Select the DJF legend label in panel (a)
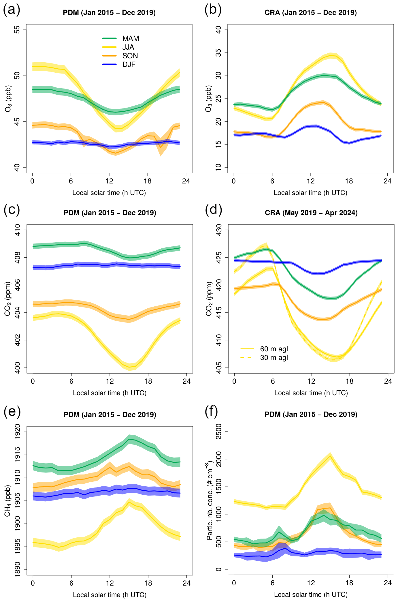click(129, 65)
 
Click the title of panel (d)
click(311, 213)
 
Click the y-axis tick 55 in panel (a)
click(17, 30)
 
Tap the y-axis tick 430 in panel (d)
click(219, 230)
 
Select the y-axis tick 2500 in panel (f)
click(219, 432)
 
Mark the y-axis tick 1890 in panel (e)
click(17, 570)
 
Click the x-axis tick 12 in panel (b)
click(311, 181)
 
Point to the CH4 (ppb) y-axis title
click(8, 500)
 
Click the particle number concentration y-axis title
click(210, 500)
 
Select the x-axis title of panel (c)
click(110, 393)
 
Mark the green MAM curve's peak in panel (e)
click(129, 439)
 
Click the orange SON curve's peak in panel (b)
click(323, 102)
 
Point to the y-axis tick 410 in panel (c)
click(17, 230)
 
